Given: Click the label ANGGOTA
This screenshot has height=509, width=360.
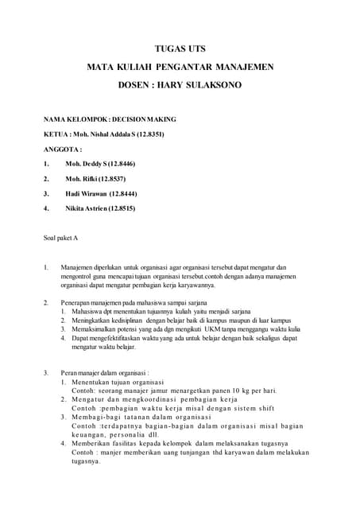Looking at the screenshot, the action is (62, 149).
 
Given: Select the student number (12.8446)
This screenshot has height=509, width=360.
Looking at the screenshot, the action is (122, 163).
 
